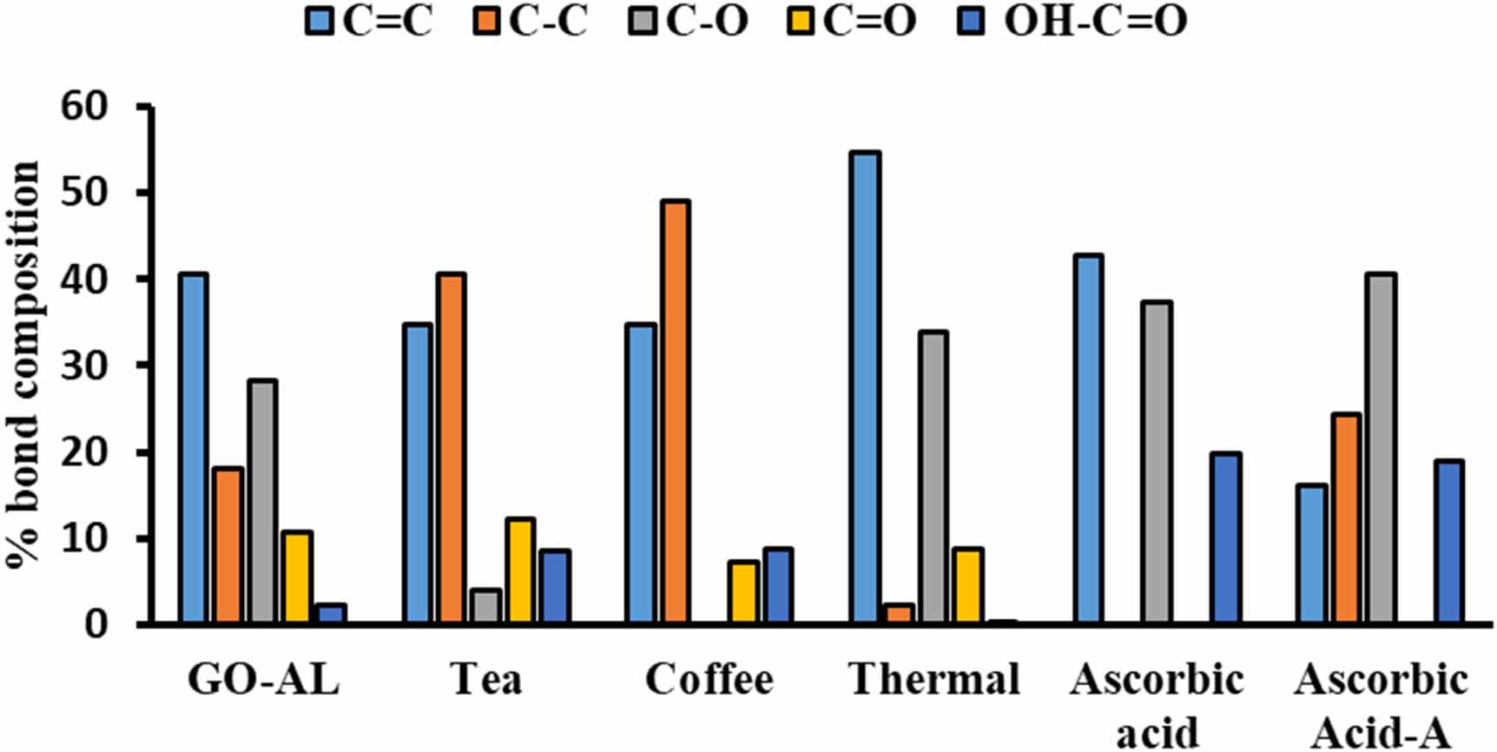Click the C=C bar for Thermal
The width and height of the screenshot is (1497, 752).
coord(865,387)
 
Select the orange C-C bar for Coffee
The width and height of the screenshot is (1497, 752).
coord(675,412)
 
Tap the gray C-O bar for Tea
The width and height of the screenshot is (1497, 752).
coord(486,606)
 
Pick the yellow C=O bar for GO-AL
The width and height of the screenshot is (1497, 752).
coord(297,577)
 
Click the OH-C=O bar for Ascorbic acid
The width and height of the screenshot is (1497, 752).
coord(1225,538)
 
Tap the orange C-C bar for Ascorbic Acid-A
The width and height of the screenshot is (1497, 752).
coord(1346,518)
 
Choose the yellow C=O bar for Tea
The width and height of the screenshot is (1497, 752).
coord(520,571)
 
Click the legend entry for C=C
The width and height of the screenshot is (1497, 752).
coord(369,21)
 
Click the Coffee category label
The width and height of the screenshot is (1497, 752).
coord(709,680)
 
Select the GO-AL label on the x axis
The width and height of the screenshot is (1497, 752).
coord(263,680)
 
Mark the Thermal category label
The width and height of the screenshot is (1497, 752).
coord(934,680)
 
